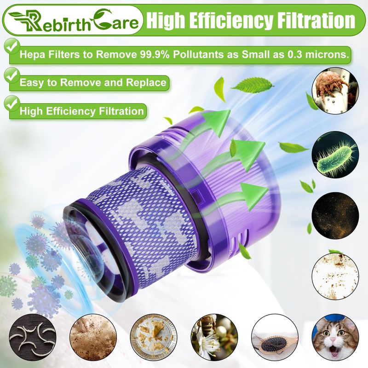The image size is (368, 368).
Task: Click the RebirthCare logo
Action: point(73,21)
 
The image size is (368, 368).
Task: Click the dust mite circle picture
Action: point(335,90)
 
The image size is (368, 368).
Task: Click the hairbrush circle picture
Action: point(275,338)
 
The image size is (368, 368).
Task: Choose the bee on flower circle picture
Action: point(214,338)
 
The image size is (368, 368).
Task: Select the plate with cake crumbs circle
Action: point(154,338)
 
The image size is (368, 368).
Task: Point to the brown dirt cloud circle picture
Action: point(93,338)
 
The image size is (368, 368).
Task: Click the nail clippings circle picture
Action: point(33,338)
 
